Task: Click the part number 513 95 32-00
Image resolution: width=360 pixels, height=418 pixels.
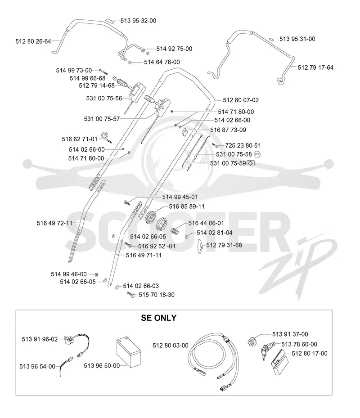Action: coord(138,21)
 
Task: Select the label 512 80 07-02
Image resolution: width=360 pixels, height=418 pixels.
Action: coord(241,100)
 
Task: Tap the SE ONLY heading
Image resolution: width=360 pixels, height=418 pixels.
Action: coord(159,318)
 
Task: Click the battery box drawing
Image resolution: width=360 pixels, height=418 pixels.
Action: coord(129,352)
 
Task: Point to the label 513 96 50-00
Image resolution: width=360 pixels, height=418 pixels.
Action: coord(102,365)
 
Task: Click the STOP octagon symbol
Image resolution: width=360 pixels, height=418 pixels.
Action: coord(257,154)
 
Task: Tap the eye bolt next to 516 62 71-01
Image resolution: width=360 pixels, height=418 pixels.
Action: coord(106,137)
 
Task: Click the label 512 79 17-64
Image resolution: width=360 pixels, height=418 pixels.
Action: coord(315,67)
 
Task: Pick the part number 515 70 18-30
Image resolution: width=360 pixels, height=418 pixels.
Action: coord(157,295)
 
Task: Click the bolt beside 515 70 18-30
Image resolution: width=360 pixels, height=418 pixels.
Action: coord(131,295)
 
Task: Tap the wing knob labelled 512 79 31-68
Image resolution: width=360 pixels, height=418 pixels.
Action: coord(201,246)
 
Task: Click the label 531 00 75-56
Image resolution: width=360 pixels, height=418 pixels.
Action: coord(104,99)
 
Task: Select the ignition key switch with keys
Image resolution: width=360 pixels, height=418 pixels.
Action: coord(265,350)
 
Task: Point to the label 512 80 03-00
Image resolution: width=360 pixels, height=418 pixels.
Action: coord(171,346)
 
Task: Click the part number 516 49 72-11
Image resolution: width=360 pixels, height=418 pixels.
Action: coord(54,223)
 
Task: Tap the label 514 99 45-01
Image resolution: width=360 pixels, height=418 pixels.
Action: coord(180,197)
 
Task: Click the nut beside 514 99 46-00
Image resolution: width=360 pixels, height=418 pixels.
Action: coord(97,274)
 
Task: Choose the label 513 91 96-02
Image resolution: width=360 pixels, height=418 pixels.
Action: coord(40,339)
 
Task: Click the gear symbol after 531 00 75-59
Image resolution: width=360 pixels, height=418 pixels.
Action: coord(250,163)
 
